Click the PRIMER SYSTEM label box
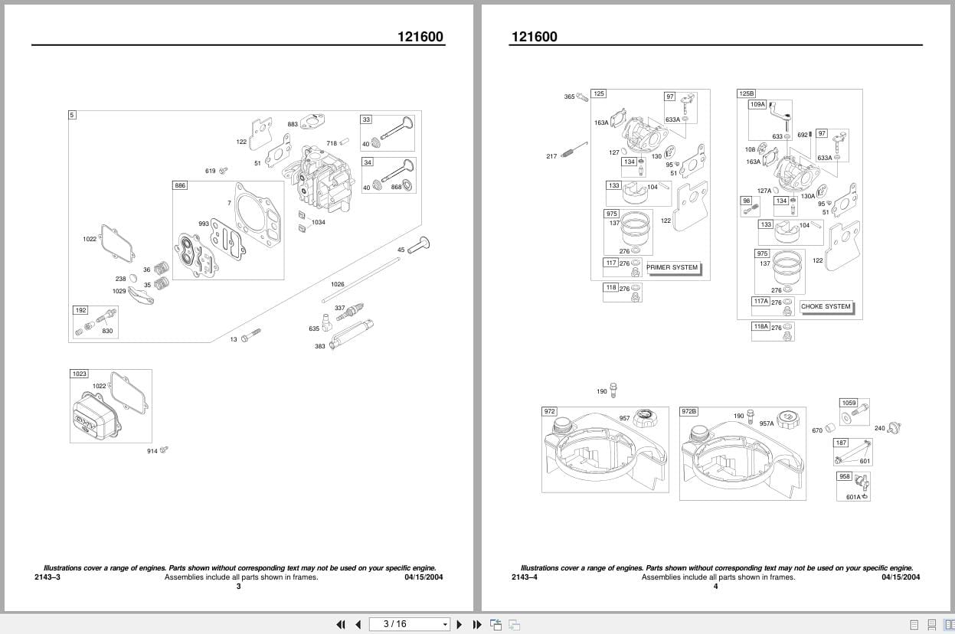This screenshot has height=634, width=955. pos(673,268)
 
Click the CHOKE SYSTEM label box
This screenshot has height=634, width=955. pos(826,306)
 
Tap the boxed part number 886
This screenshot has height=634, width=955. pos(180,186)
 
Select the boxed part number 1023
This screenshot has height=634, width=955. pos(79,374)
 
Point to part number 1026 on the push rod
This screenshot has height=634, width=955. pos(338,284)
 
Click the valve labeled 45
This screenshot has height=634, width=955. pos(420,246)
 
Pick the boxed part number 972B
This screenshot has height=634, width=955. pos(689,411)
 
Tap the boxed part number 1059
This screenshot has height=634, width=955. pos(849,403)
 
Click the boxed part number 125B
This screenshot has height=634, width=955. pos(746,93)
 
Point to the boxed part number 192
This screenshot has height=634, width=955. pos(80,310)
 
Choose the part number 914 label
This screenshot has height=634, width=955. pos(152,451)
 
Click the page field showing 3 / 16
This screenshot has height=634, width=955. pos(409,624)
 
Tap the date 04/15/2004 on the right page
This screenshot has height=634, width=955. pos(901,577)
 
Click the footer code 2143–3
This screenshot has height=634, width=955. pos(47,577)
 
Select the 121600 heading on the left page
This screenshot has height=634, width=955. pos(420,37)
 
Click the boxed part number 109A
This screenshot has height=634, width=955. pos(757,104)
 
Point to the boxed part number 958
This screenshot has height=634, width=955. pos(845,476)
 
